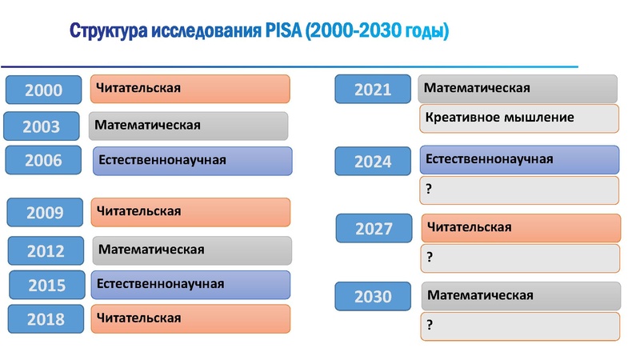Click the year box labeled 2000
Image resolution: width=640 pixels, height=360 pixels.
(44, 90)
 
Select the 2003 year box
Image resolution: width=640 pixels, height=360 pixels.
(42, 126)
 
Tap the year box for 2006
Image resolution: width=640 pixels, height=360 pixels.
(44, 161)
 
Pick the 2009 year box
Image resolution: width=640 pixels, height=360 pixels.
(46, 213)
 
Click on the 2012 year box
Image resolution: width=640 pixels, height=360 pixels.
(46, 250)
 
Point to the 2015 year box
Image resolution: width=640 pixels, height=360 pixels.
(47, 285)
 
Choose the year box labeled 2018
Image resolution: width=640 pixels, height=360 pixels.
(46, 318)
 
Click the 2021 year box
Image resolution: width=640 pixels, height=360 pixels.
(373, 90)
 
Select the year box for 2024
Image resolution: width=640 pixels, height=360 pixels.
(373, 162)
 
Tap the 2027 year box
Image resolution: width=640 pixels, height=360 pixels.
(374, 229)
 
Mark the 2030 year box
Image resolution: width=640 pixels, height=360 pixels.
(373, 297)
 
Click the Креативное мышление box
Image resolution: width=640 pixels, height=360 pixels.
(499, 118)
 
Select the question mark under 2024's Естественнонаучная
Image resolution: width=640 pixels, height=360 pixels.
(430, 189)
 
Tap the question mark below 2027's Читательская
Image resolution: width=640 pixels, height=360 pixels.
(430, 258)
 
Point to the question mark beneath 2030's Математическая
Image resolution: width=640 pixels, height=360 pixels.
(430, 325)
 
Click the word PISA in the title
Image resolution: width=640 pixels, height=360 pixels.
(282, 33)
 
